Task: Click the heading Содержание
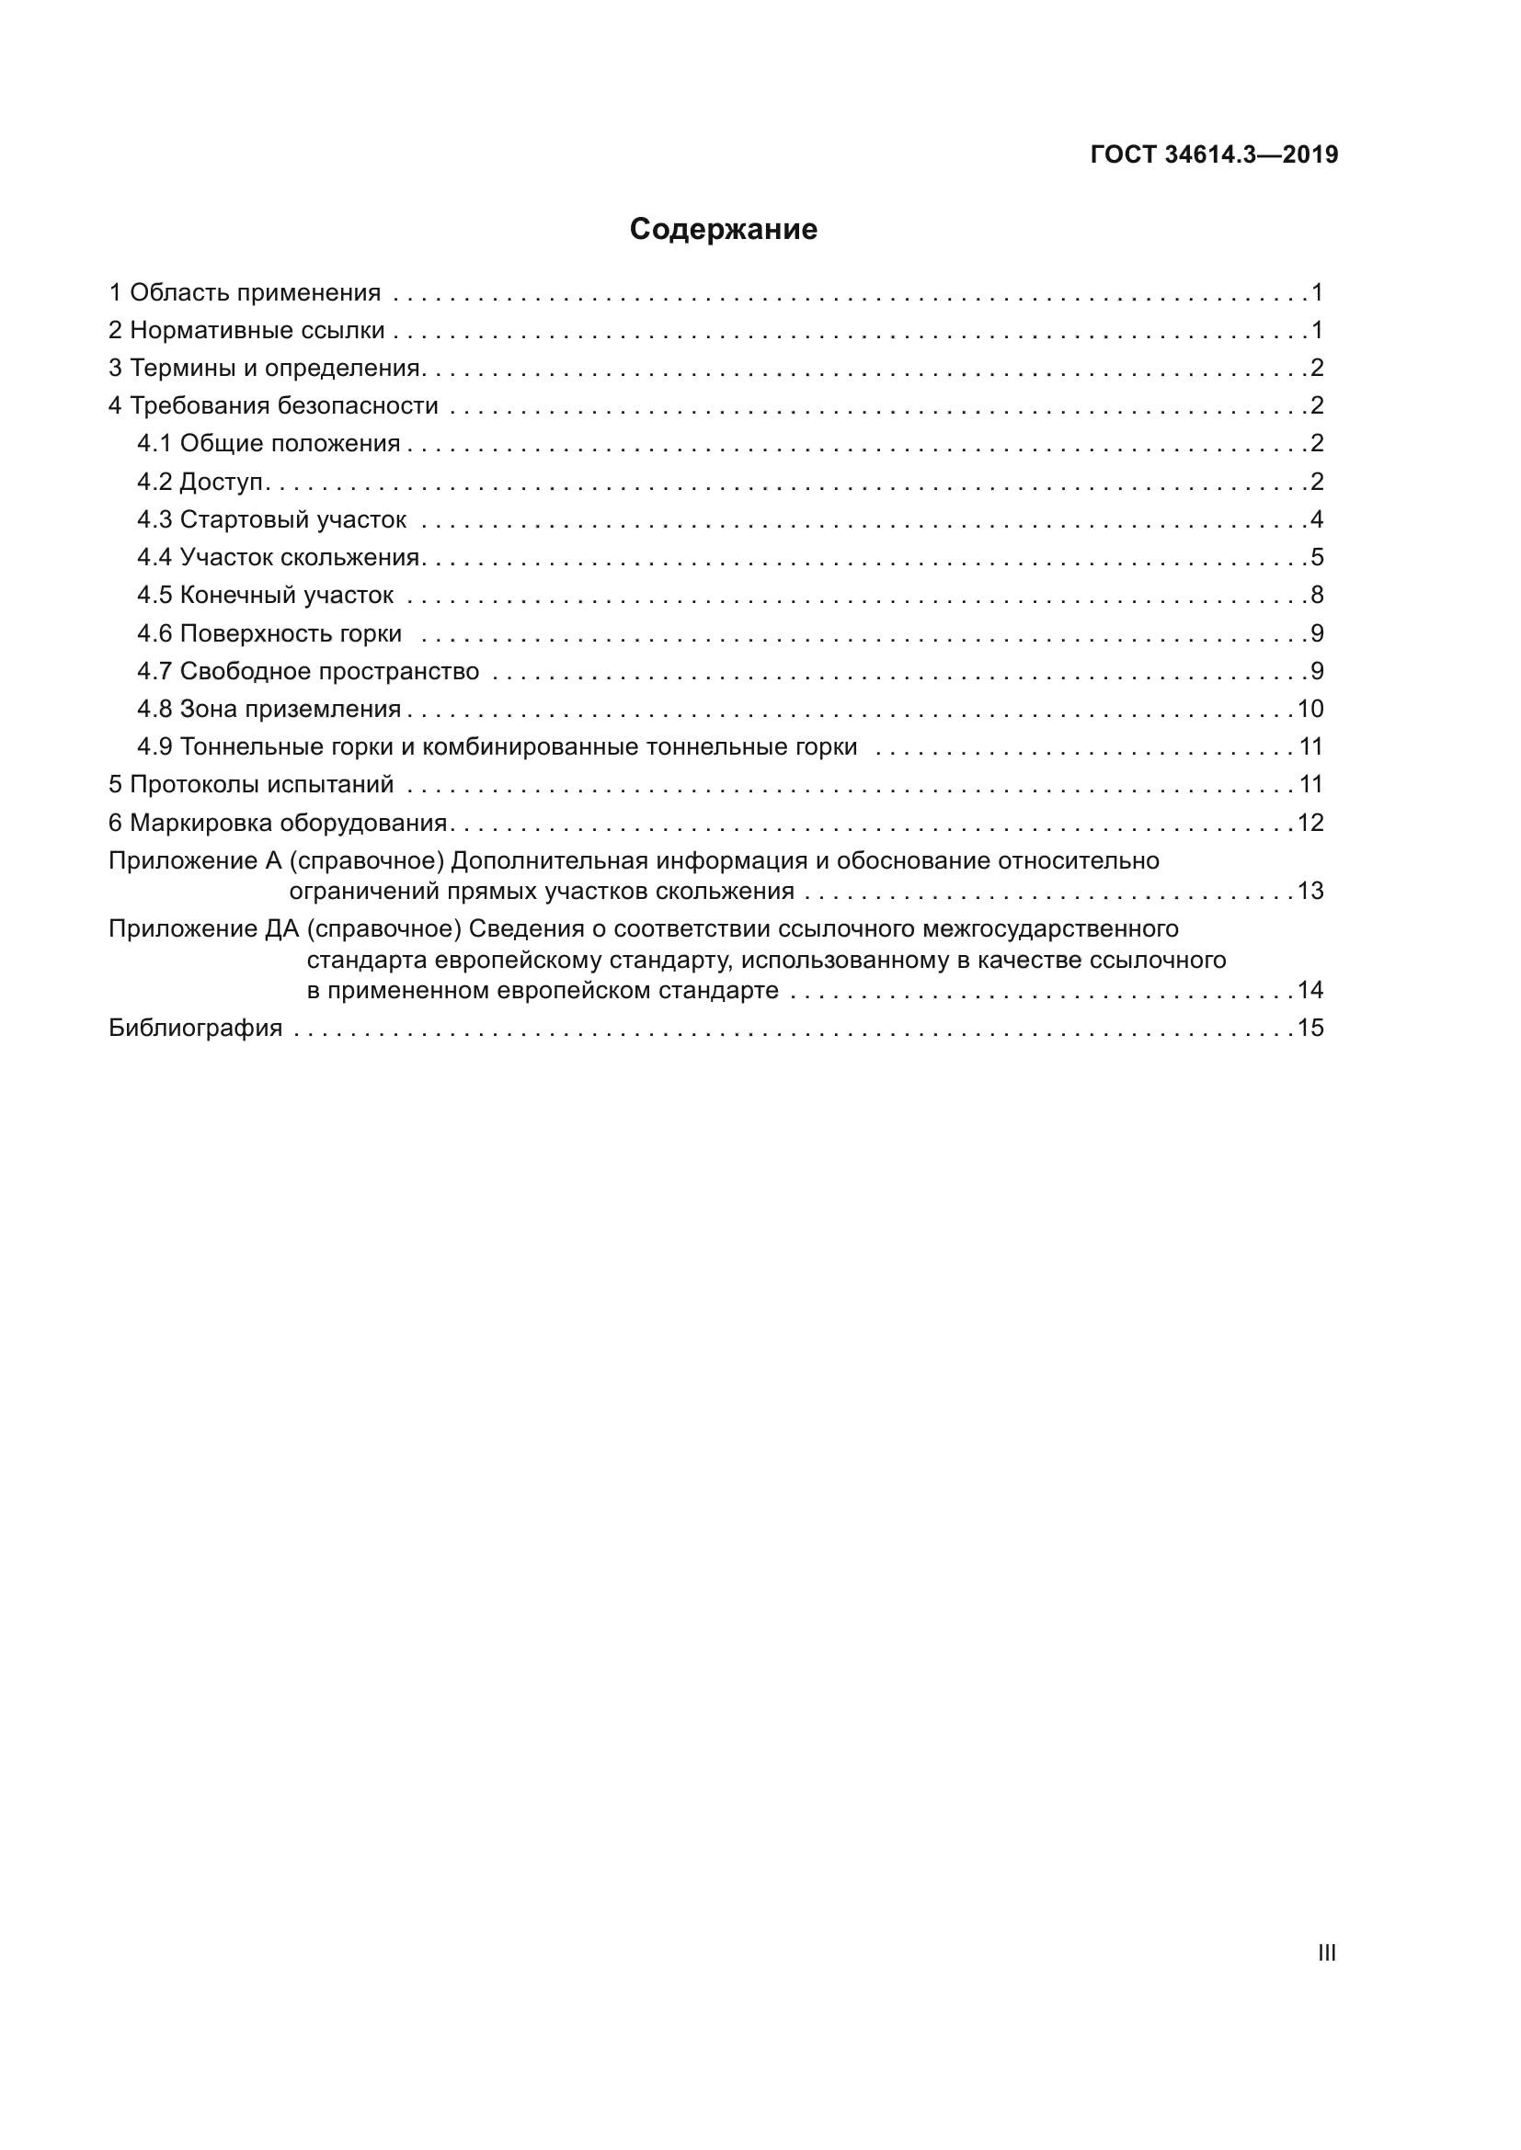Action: coord(723,230)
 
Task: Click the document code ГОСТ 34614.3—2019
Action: coord(1214,154)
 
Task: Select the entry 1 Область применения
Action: coord(246,293)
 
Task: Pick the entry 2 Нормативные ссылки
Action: coord(247,331)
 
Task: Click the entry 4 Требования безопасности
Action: coord(273,405)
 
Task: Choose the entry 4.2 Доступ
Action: coord(202,482)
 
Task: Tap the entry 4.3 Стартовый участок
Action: coord(271,519)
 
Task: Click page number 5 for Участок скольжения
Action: coord(1317,557)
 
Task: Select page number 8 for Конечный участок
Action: coord(1317,595)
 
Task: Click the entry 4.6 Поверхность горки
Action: coord(269,634)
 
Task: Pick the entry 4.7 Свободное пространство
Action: coord(308,671)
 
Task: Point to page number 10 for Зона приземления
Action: coord(1310,709)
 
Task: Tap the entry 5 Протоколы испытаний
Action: coord(251,785)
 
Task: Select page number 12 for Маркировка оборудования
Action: coord(1310,823)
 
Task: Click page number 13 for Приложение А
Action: coord(1310,891)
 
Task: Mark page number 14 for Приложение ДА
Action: coord(1310,990)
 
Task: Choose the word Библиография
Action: coord(196,1029)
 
